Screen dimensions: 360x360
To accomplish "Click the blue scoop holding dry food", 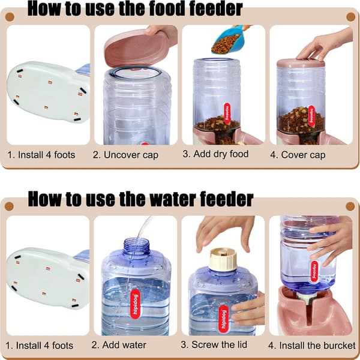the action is (226, 39).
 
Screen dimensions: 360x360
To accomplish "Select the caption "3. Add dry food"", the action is (215, 154).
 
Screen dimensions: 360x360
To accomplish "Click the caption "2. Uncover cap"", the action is (125, 155).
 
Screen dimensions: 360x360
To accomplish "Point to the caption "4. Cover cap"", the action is (298, 155).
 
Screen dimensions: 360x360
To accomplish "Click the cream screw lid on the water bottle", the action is (223, 259).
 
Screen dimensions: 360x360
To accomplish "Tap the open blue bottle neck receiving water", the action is (136, 245).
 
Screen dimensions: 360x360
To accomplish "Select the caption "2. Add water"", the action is (119, 345).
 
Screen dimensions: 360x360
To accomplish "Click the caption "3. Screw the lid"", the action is (214, 344).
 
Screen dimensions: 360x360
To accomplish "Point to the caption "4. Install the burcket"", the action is (312, 346).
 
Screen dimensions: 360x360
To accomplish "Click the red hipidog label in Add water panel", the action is (135, 304).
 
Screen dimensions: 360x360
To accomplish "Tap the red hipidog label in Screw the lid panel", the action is (223, 319).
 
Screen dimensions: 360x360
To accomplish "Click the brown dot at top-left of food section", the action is (10, 17).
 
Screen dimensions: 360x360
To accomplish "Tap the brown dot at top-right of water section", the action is (350, 206).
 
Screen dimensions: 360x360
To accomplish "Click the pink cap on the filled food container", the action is (301, 63).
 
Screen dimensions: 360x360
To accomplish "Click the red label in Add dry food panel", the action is (227, 113).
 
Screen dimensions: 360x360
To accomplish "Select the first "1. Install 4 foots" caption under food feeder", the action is (41, 155).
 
